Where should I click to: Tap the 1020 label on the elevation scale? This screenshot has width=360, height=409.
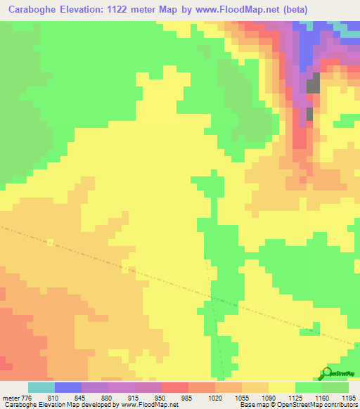click(x=215, y=398)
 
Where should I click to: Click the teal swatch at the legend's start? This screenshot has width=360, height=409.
click(x=41, y=387)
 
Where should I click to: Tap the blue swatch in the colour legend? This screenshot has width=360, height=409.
click(x=68, y=387)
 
